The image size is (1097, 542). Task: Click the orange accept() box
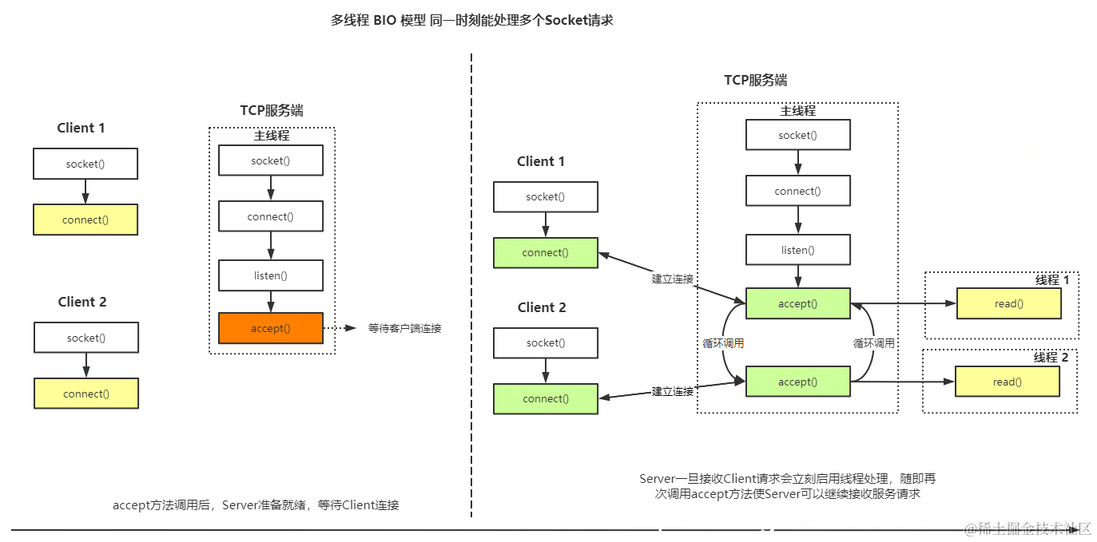point(271,328)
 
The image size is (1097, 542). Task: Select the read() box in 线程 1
point(1008,303)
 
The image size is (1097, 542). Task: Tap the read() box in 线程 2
point(1007,382)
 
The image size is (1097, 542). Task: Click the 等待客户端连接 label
point(404,328)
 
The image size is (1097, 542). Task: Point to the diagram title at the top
point(471,21)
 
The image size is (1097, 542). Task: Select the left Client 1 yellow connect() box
point(85,220)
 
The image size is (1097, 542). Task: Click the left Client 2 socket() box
point(85,338)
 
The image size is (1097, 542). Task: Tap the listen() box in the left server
point(271,275)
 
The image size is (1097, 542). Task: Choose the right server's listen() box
point(797,250)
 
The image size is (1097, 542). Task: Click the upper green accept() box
point(797,303)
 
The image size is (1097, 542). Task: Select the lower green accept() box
point(797,382)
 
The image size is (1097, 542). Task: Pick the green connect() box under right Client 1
point(545,252)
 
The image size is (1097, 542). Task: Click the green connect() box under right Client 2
point(545,398)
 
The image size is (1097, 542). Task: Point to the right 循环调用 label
point(873,343)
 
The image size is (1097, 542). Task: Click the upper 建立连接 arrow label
point(672,279)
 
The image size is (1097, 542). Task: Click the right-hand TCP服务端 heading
point(755,80)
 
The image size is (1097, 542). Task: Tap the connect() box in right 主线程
point(797,191)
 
